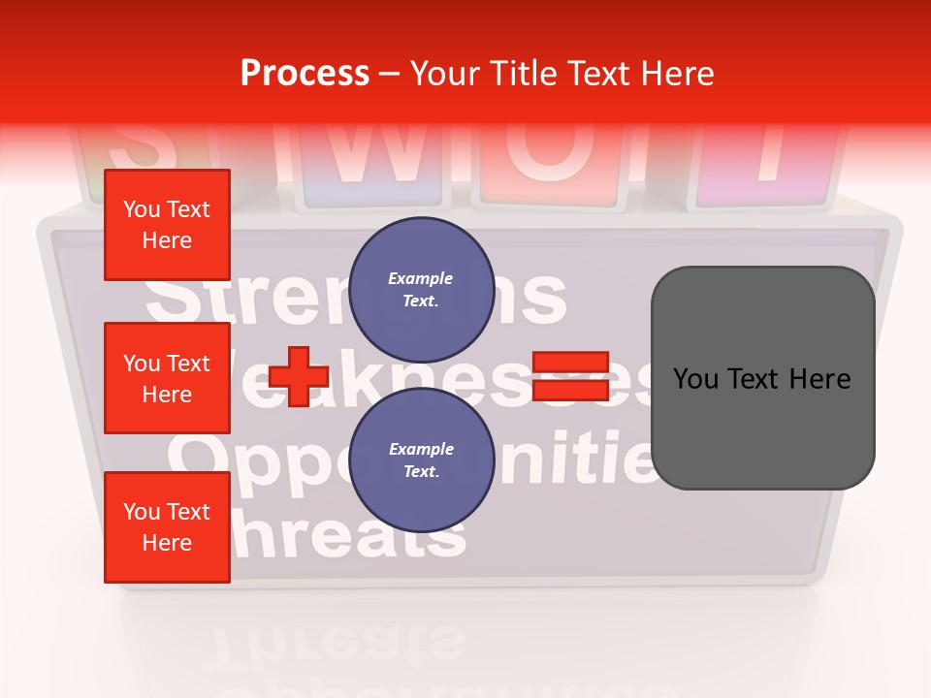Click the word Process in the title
coord(305,74)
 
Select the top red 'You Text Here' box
coord(167,225)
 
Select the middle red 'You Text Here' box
coord(167,378)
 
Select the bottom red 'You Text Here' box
coord(167,527)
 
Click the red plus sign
coord(298,377)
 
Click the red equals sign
coord(570,377)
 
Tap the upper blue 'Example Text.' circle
coord(421,289)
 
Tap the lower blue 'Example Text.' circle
coord(421,460)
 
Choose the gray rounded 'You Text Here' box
coord(762,377)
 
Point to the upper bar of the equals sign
coord(570,363)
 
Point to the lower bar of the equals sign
coord(570,391)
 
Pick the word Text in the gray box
coord(761,378)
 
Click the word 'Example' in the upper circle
coord(421,278)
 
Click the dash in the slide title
coord(390,75)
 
